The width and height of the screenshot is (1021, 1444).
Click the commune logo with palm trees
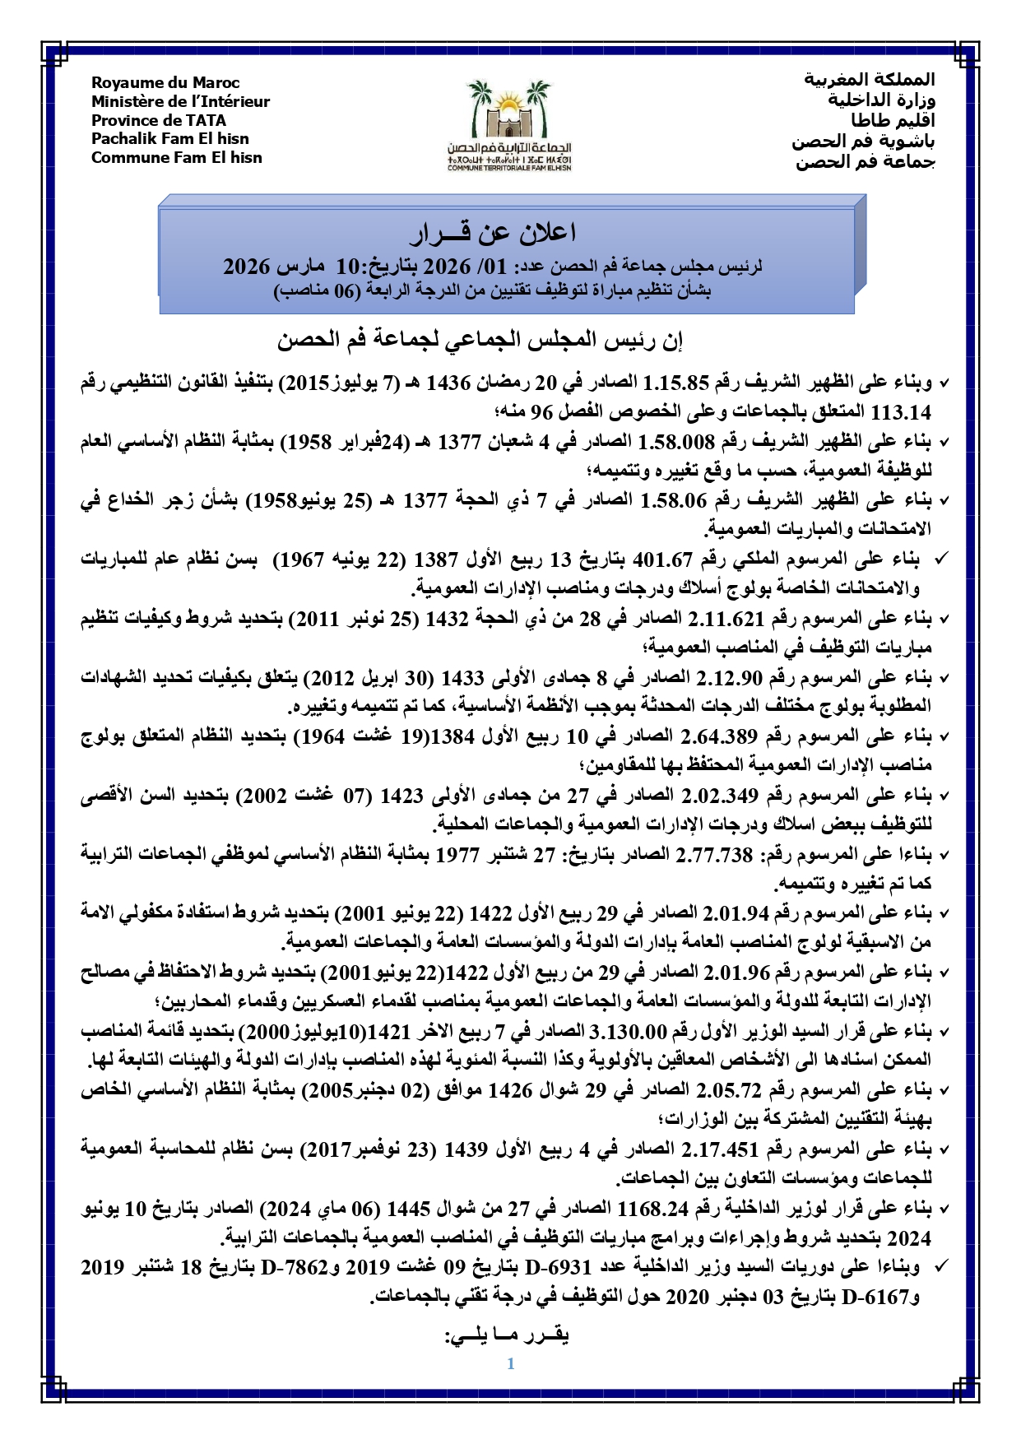point(509,123)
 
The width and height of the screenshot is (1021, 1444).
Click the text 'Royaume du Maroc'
point(165,82)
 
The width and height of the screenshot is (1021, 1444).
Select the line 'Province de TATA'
point(159,120)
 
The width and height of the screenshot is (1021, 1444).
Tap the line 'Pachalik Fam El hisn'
point(169,139)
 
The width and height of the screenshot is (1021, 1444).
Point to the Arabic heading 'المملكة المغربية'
point(870,80)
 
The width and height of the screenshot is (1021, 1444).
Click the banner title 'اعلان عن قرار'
point(493,234)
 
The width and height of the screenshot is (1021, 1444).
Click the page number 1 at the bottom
point(511,1363)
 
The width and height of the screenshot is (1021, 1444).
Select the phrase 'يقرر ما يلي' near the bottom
point(507,1335)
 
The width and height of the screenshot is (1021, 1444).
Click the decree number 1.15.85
point(675,383)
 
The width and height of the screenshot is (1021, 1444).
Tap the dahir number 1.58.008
point(676,442)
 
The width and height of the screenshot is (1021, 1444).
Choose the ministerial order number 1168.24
point(651,1209)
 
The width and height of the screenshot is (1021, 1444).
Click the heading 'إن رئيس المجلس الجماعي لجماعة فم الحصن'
point(480,340)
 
